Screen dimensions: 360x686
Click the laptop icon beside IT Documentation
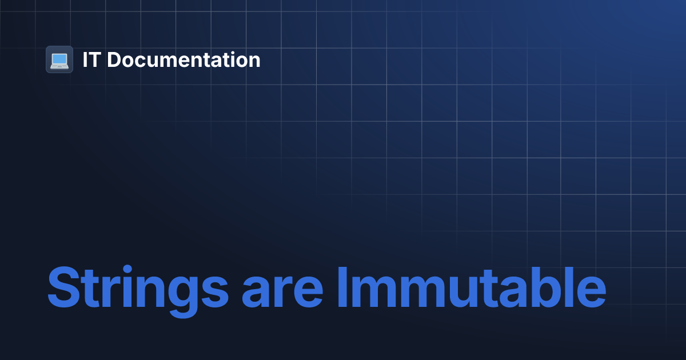pos(59,59)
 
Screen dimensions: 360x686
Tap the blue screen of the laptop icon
pos(59,58)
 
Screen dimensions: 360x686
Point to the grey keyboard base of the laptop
pos(59,66)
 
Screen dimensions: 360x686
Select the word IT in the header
pos(91,60)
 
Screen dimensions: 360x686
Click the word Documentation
pos(184,60)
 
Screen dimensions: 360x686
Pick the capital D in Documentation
pos(114,60)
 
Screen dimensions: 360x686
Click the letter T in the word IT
pos(95,60)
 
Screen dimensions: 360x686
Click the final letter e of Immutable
pos(589,293)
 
